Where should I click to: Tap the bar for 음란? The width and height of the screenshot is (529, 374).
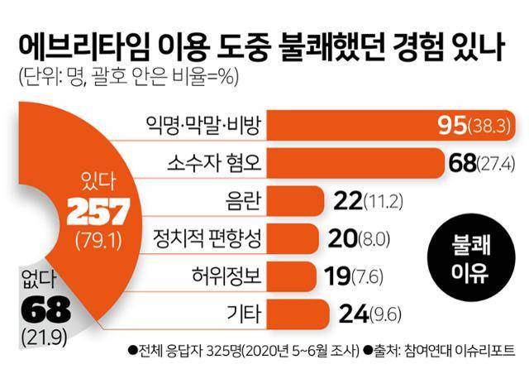pos(298,200)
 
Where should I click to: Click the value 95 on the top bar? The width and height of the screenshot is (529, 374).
pos(454,126)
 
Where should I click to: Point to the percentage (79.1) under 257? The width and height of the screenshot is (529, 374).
pos(93,242)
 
